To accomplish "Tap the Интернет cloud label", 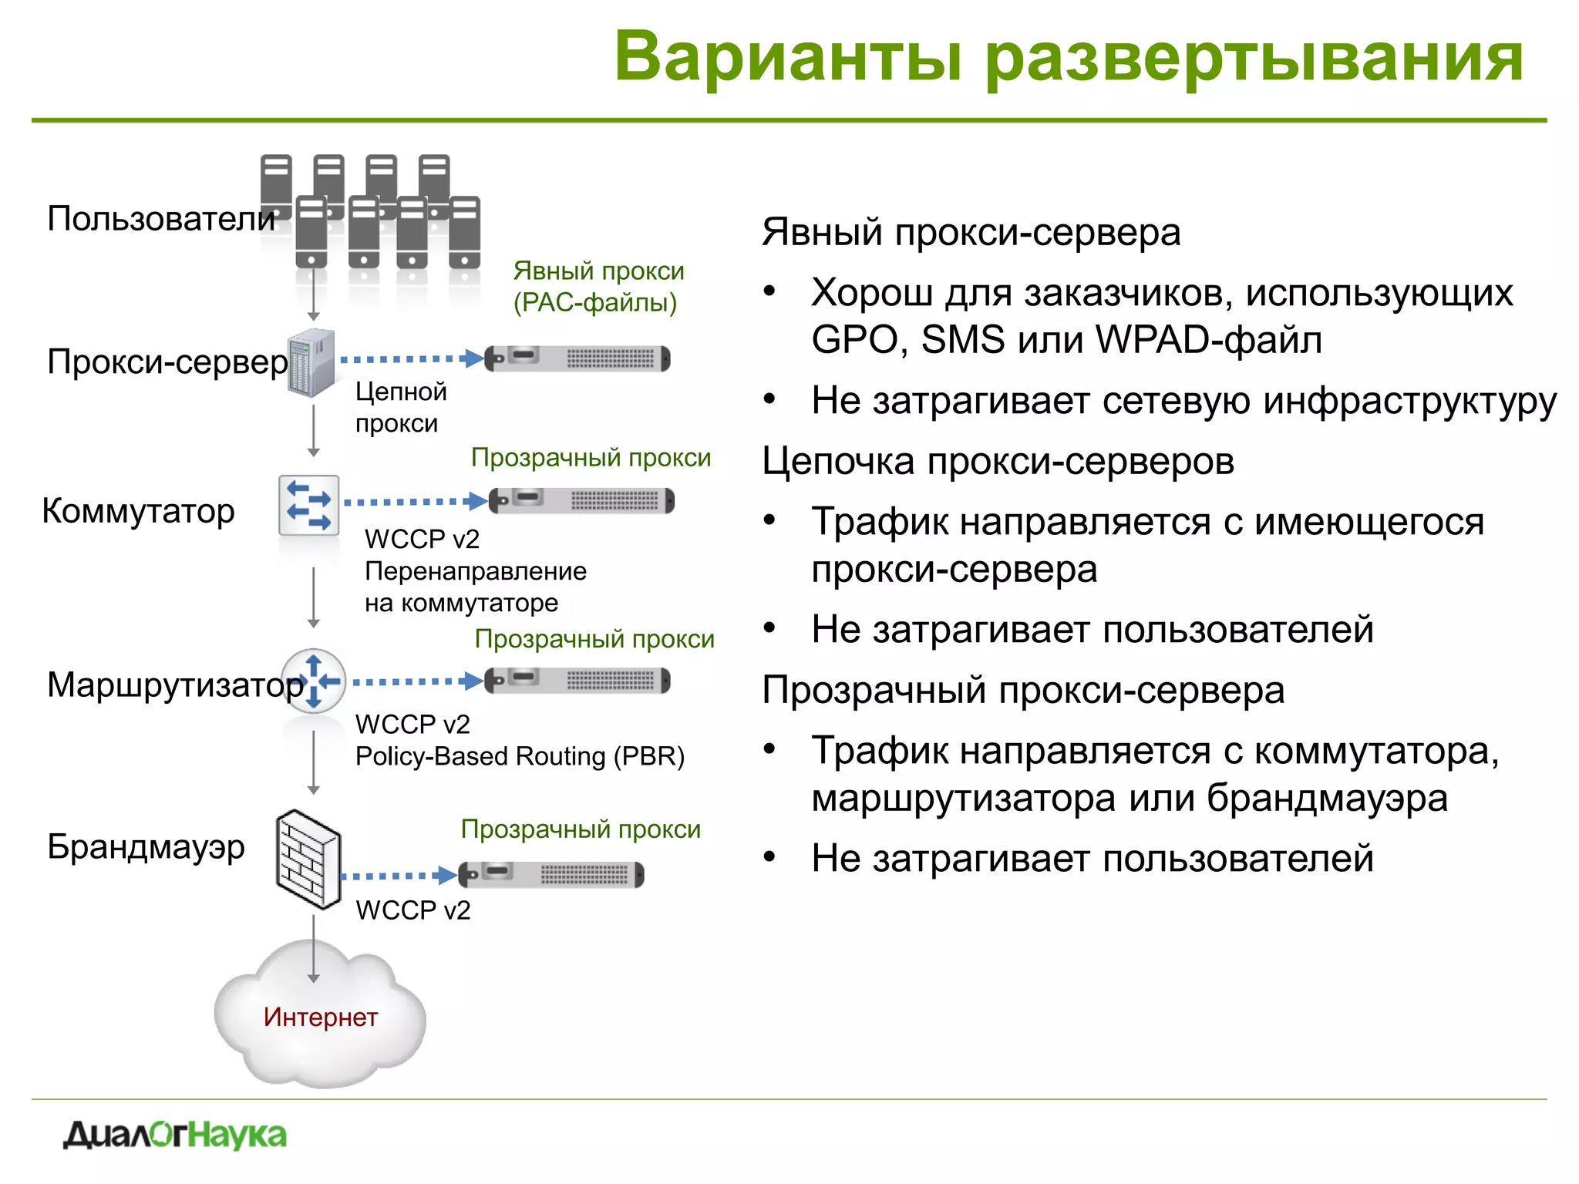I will tap(320, 1017).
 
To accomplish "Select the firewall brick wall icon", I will tap(308, 859).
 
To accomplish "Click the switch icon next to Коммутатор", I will tap(308, 506).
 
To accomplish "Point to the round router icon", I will tap(313, 681).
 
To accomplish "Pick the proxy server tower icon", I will tap(311, 362).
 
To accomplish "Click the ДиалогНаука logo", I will tap(175, 1135).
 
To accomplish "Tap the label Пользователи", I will tap(160, 219).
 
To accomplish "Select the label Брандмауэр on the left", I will tap(146, 846).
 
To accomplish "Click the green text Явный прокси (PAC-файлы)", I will tap(598, 287).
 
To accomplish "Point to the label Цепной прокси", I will tap(400, 407).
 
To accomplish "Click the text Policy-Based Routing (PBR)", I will tap(520, 756).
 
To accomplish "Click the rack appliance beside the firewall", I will tap(551, 874).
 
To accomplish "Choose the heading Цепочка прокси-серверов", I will tap(998, 462).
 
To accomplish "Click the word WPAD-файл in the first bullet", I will tap(1208, 340).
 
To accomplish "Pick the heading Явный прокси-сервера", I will tap(971, 232).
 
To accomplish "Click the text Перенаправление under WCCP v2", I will tap(475, 571).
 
